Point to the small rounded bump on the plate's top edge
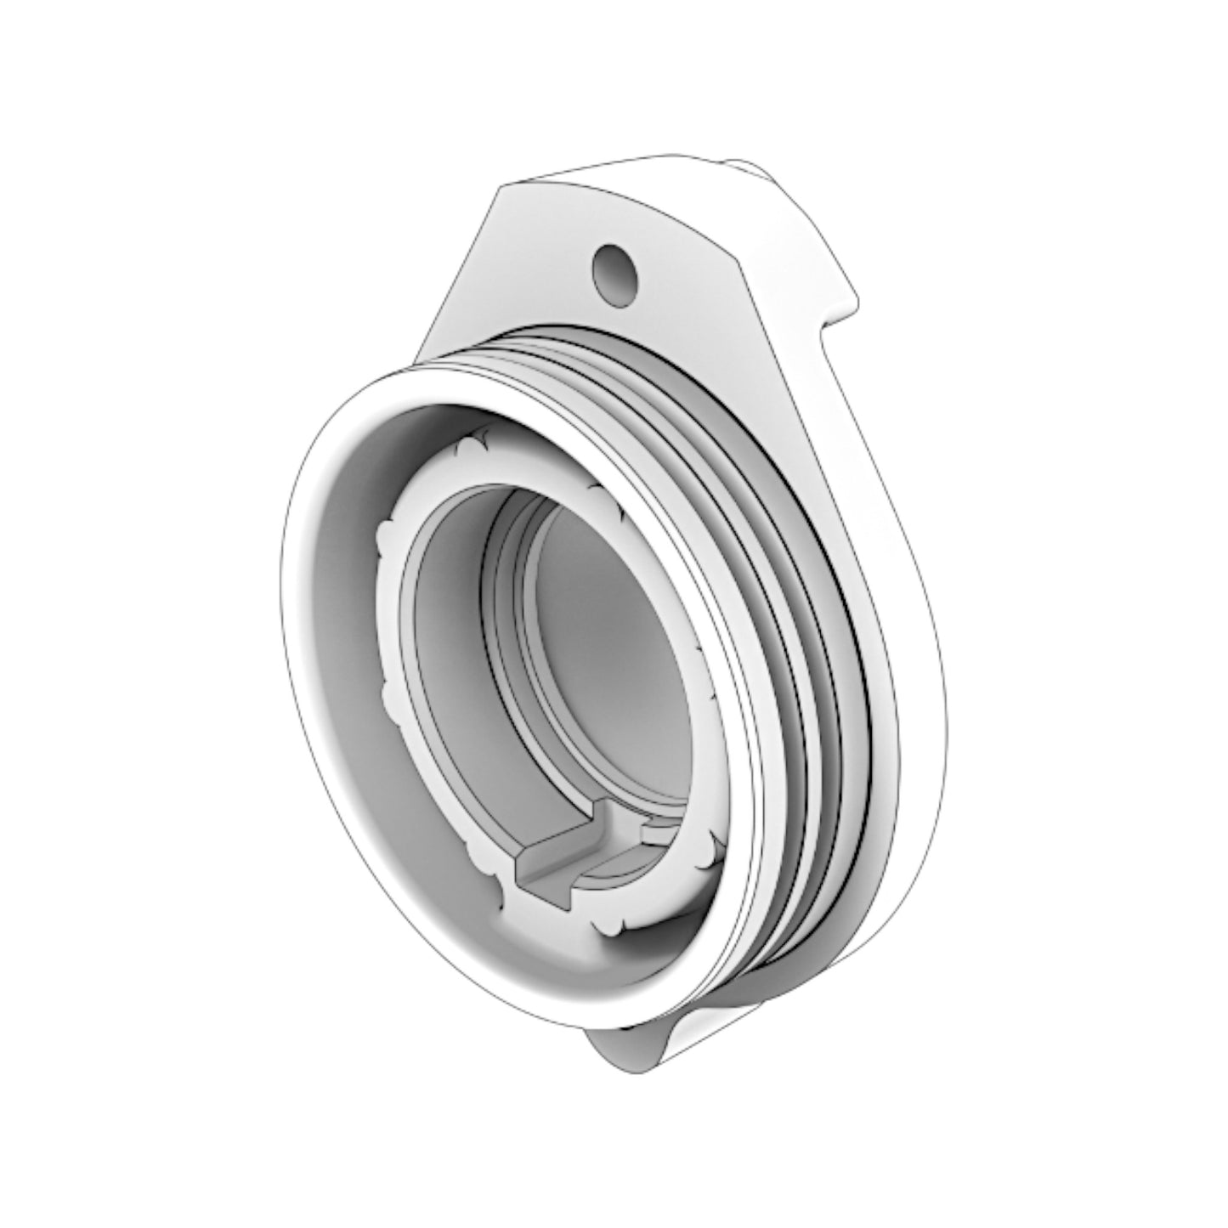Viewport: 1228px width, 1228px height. [748, 167]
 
